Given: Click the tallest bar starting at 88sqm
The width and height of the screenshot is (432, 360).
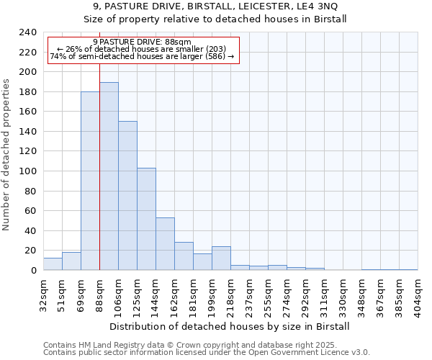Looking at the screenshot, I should click(109, 176).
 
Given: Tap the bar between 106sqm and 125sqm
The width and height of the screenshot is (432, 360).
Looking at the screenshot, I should click(127, 195).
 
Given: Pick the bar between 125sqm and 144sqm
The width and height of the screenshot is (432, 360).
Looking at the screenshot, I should click(146, 219).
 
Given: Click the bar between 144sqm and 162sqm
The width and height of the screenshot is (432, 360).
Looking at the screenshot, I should click(165, 243).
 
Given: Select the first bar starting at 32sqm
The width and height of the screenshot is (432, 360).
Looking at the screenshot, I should click(53, 264).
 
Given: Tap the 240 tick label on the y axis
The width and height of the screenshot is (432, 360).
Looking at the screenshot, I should click(27, 32).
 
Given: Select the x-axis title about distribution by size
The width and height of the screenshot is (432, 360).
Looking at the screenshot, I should click(230, 326).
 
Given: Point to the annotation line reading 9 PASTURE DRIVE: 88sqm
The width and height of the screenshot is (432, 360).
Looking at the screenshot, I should click(142, 42).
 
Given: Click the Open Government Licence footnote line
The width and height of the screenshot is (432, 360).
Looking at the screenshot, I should click(206, 352).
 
